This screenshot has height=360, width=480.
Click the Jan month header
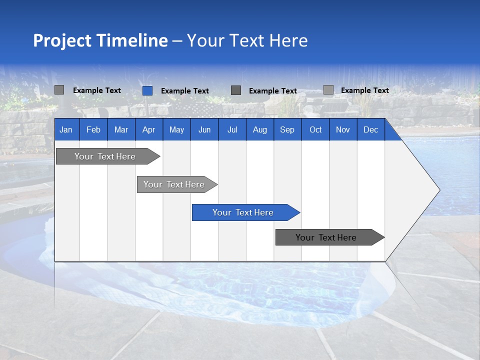click(66, 129)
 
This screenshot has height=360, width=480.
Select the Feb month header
click(93, 129)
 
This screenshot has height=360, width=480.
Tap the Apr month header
click(148, 129)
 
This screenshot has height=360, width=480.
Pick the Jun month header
click(204, 129)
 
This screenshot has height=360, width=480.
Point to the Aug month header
click(259, 129)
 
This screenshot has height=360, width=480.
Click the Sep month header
click(287, 129)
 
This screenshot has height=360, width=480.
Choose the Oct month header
click(315, 129)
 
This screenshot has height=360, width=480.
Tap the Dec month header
click(370, 129)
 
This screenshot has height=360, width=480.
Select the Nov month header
click(343, 129)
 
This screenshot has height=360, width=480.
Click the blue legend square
click(147, 90)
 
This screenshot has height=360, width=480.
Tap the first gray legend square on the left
click(59, 90)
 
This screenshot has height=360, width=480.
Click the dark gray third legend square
click(236, 90)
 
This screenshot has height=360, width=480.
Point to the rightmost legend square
click(328, 90)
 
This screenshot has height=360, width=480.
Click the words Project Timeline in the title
click(100, 40)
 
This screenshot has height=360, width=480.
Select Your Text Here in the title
click(247, 40)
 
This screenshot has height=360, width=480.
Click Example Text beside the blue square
click(184, 91)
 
